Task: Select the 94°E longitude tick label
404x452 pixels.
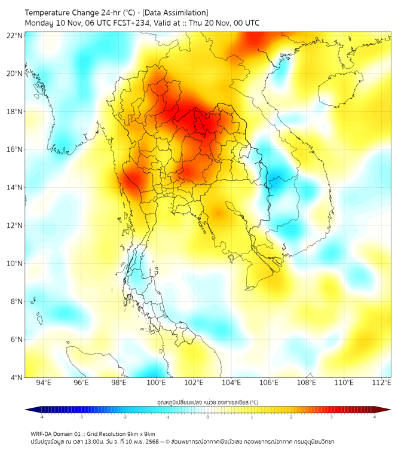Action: click(x=44, y=383)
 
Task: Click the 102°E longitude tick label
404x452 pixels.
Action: click(x=194, y=383)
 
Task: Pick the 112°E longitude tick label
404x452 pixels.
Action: click(x=382, y=383)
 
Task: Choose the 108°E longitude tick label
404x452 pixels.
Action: click(x=307, y=383)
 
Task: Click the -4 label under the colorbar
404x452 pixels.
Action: click(x=41, y=417)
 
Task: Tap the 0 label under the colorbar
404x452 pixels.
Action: click(x=208, y=417)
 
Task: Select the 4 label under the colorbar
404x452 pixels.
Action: click(x=375, y=417)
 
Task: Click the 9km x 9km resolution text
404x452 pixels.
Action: click(x=140, y=433)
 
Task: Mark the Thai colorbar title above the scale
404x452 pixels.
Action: click(x=207, y=402)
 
